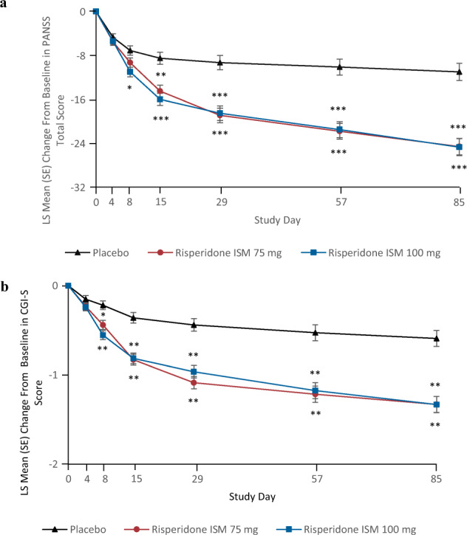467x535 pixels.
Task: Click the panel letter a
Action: point(5,4)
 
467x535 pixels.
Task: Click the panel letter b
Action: point(5,284)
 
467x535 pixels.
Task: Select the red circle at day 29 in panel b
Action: point(194,382)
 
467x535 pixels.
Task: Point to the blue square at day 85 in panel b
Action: point(437,404)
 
